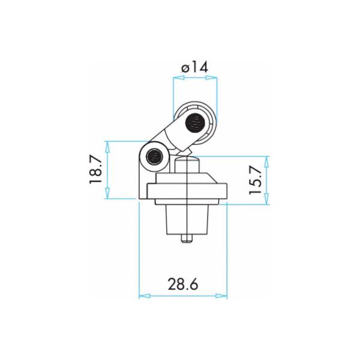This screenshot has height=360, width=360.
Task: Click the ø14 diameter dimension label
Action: click(x=194, y=67)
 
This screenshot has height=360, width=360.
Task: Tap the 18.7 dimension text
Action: click(x=95, y=169)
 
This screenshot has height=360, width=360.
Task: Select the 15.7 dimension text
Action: click(x=256, y=180)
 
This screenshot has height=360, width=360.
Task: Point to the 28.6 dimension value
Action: click(x=183, y=284)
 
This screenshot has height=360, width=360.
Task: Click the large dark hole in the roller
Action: click(x=195, y=123)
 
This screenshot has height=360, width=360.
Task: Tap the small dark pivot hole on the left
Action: click(x=155, y=157)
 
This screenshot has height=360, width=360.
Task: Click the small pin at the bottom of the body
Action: click(x=187, y=238)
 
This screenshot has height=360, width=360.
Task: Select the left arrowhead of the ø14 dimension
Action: click(x=179, y=78)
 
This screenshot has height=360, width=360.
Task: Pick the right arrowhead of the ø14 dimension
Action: click(x=211, y=78)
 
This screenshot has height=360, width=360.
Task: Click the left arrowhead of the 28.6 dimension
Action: click(x=145, y=296)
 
